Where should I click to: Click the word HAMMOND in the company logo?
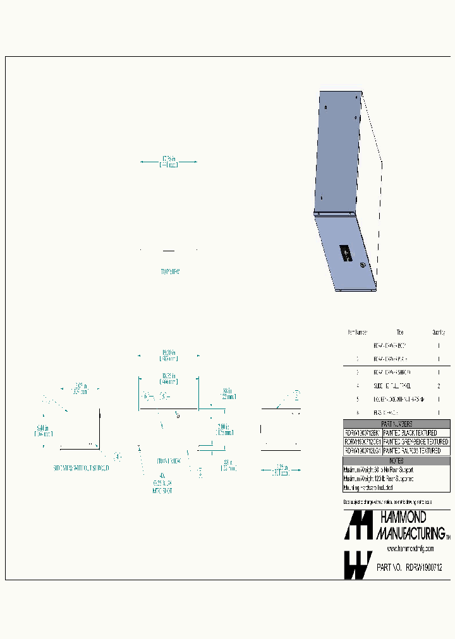(403, 518)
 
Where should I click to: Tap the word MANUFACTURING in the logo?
(411, 534)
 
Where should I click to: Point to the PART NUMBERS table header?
(396, 424)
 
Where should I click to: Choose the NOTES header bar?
(396, 461)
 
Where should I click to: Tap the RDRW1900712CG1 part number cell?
(362, 442)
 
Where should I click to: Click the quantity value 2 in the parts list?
(439, 385)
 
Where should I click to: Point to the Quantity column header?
(439, 332)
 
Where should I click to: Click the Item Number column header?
(357, 332)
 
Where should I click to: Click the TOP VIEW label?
(169, 272)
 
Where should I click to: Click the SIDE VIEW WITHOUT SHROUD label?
(81, 469)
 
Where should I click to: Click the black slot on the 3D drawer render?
(346, 254)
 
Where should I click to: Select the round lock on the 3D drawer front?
(363, 266)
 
